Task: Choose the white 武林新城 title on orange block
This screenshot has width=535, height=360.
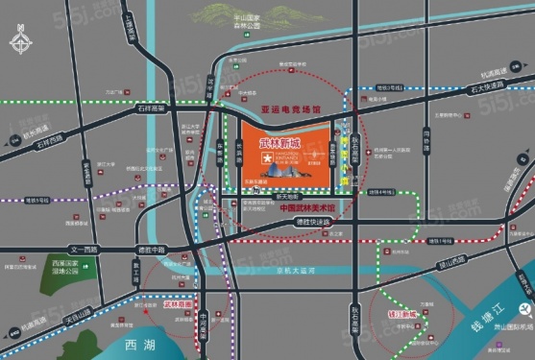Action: pyautogui.click(x=280, y=144)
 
